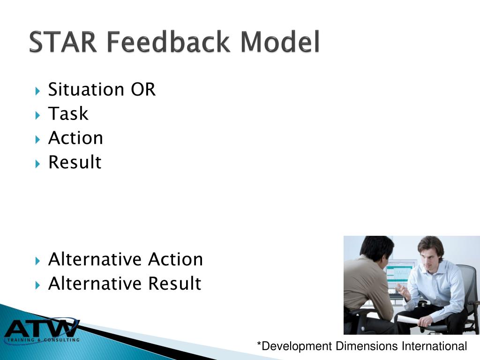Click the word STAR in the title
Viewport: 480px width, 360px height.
pyautogui.click(x=63, y=43)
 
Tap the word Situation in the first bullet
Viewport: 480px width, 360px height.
pyautogui.click(x=86, y=90)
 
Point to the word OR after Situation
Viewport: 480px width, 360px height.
pyautogui.click(x=143, y=90)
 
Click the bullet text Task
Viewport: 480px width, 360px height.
pyautogui.click(x=68, y=114)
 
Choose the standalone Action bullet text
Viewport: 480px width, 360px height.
pyautogui.click(x=75, y=138)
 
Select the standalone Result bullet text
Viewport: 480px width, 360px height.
pyautogui.click(x=75, y=163)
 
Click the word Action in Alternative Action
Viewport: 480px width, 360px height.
pyautogui.click(x=175, y=260)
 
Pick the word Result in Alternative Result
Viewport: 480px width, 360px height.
pyautogui.click(x=174, y=284)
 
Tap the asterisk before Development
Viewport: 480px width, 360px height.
pyautogui.click(x=259, y=346)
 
